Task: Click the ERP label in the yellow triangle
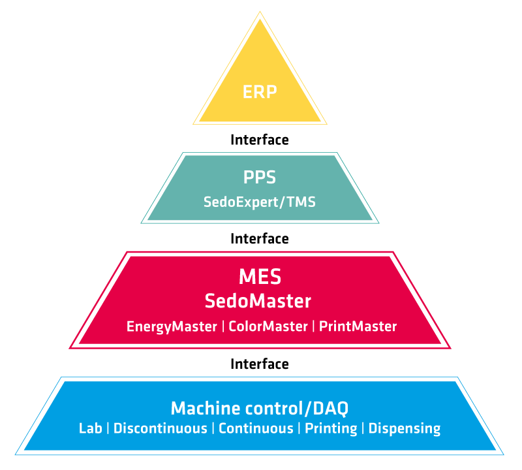260,91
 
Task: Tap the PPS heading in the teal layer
260,178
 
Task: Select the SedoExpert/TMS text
260,202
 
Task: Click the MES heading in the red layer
260,277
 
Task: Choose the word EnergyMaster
172,326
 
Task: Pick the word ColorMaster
268,326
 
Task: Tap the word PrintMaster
358,326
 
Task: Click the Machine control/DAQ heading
260,409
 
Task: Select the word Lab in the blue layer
92,429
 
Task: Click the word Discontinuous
160,429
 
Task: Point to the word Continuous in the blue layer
256,429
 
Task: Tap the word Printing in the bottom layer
331,429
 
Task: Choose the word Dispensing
405,429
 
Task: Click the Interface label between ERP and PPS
260,140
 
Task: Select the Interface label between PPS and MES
260,239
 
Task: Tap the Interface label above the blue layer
260,364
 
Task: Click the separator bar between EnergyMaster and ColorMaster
223,326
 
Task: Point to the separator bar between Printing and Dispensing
363,429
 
